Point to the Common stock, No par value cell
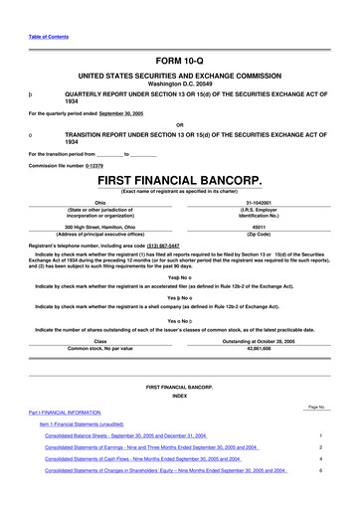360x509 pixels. (99, 348)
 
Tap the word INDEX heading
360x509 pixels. (179, 396)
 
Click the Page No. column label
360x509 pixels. (317, 408)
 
